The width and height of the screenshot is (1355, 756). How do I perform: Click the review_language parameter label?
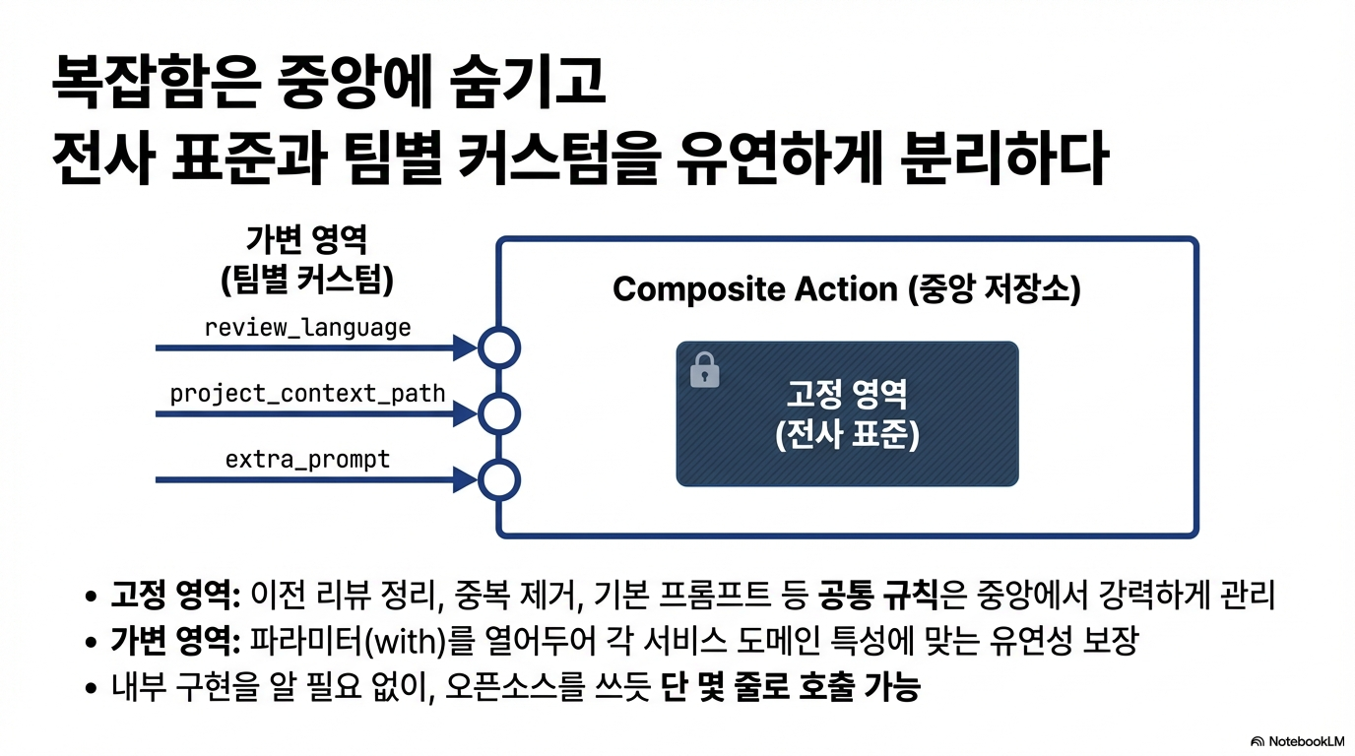[x=307, y=327]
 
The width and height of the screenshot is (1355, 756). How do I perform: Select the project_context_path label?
[x=307, y=394]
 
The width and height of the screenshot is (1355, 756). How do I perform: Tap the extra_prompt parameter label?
[x=307, y=459]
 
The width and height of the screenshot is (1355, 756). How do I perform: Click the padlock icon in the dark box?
[x=705, y=371]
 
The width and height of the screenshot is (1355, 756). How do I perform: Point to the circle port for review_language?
[x=499, y=347]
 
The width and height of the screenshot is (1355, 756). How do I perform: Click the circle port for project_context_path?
[x=499, y=414]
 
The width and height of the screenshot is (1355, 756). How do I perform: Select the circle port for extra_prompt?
[x=499, y=480]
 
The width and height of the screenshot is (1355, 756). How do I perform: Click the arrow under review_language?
[x=315, y=347]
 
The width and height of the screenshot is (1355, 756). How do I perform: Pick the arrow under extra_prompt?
[x=315, y=480]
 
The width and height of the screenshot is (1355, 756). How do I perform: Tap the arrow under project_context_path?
[x=315, y=414]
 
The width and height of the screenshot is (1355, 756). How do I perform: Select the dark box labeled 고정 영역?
[x=847, y=413]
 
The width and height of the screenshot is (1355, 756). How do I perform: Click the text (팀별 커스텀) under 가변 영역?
[x=307, y=282]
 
